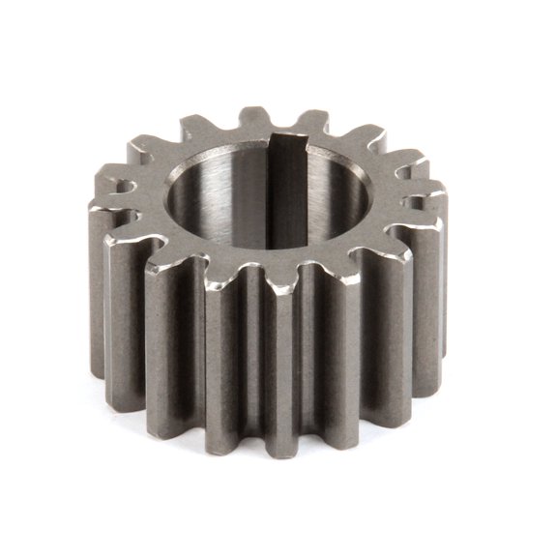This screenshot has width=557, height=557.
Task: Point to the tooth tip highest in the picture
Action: (x=254, y=114)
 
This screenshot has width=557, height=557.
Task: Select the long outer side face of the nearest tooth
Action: (x=290, y=367)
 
